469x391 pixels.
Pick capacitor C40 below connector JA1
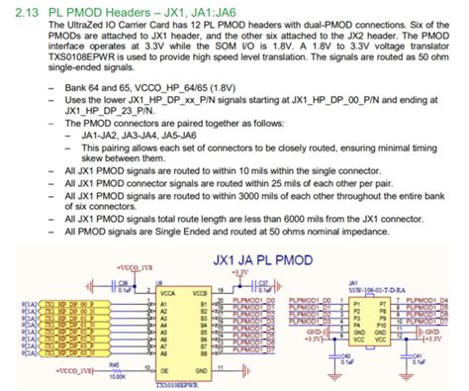344,355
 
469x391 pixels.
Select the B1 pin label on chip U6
203,305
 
